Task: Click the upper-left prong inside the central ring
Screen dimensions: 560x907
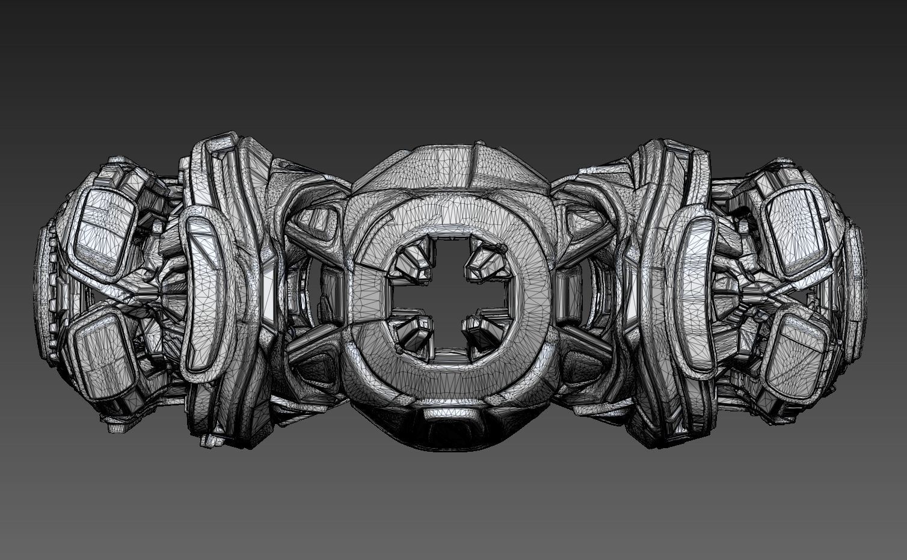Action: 414,255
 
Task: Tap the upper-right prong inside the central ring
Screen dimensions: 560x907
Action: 484,255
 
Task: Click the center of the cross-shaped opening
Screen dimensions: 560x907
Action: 449,294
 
